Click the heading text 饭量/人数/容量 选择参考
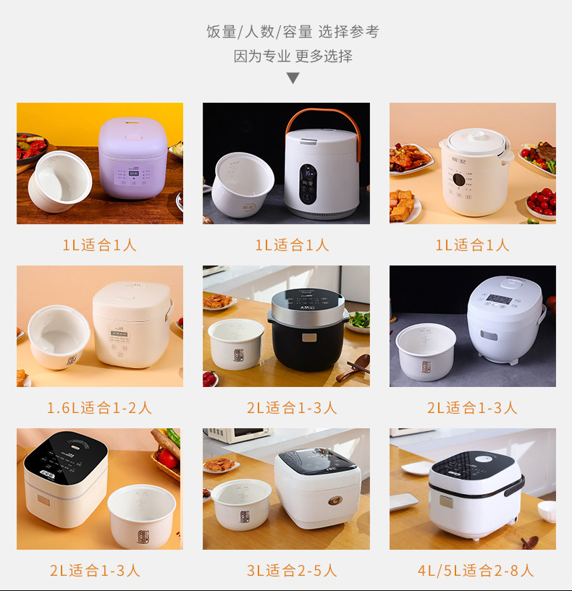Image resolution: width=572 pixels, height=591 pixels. pos(293,32)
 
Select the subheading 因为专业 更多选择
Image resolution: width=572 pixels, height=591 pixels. pos(293,56)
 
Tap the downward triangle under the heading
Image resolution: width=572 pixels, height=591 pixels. pos(293,78)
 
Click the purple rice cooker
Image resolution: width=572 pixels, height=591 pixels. pos(133,158)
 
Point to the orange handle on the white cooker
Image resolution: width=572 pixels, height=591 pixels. pos(323,119)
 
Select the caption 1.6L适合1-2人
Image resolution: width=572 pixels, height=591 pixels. pos(99,408)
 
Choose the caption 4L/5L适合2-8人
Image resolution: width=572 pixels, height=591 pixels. pos(475,571)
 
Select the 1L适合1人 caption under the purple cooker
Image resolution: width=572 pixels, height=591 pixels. pos(99,245)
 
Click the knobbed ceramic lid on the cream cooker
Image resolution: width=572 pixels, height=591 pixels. pos(474,139)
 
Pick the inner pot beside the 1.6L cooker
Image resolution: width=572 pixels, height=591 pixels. pos(57,337)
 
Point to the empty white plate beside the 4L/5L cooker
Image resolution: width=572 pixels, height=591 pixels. pos(416,468)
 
